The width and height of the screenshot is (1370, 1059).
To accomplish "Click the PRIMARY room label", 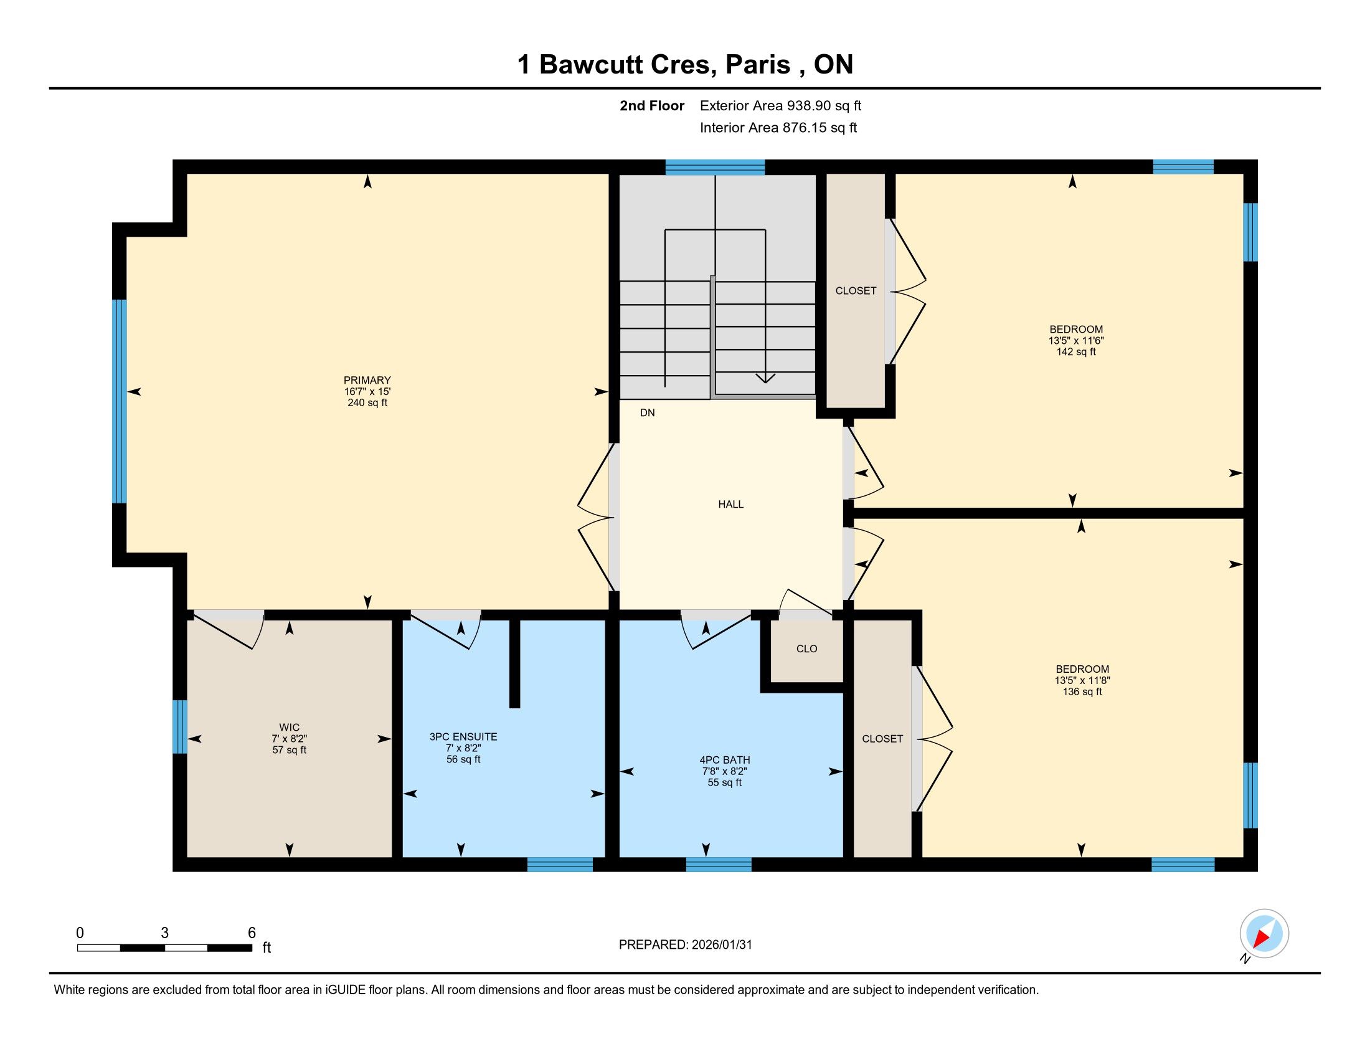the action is (x=367, y=380).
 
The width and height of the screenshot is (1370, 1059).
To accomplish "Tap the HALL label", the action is (x=731, y=505).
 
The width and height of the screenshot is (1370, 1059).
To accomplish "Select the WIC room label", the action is (x=289, y=728).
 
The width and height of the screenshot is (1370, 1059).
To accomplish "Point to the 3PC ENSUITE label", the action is (x=463, y=737).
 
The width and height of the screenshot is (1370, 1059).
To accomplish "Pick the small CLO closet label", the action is (x=806, y=648).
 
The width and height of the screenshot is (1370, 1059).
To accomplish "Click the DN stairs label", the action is (x=648, y=413).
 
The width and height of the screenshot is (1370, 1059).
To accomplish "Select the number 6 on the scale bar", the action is (x=252, y=933).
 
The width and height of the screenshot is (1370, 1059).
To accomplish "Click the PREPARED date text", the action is (x=685, y=945).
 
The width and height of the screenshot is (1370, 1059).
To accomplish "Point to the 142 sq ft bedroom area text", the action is (x=1076, y=352).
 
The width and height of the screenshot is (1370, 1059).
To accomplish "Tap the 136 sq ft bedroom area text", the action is (x=1082, y=692).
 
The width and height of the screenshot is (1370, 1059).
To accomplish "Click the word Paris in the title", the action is (x=758, y=65).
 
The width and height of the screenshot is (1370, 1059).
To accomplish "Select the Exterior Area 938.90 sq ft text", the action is (x=780, y=106).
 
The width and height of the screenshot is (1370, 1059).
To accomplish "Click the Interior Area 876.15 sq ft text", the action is (x=778, y=128).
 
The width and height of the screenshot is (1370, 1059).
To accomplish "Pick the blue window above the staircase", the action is (x=715, y=167).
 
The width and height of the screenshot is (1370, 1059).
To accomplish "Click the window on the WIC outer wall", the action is (x=180, y=726).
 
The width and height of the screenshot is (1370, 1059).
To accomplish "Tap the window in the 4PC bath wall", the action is (x=719, y=865).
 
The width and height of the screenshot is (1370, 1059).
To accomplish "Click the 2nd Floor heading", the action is (x=652, y=106).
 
